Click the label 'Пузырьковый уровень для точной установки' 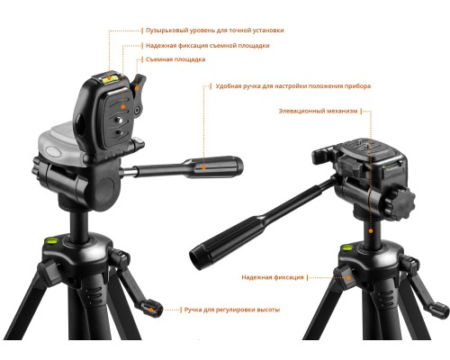(215, 31)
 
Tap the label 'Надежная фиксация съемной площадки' (208, 46)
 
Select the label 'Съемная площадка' (175, 59)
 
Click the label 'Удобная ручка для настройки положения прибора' (293, 86)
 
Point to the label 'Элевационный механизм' (318, 111)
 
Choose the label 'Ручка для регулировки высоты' (232, 310)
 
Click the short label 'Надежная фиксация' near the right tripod (273, 277)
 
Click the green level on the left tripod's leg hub (51, 239)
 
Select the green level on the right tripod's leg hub (346, 247)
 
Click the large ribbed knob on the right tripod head (403, 200)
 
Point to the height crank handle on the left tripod (151, 309)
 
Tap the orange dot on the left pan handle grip (204, 167)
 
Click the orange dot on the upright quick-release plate (122, 106)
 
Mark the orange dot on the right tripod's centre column (371, 231)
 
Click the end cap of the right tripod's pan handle (197, 257)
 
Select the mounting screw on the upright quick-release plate (118, 120)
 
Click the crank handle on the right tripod (438, 310)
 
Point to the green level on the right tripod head (393, 166)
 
